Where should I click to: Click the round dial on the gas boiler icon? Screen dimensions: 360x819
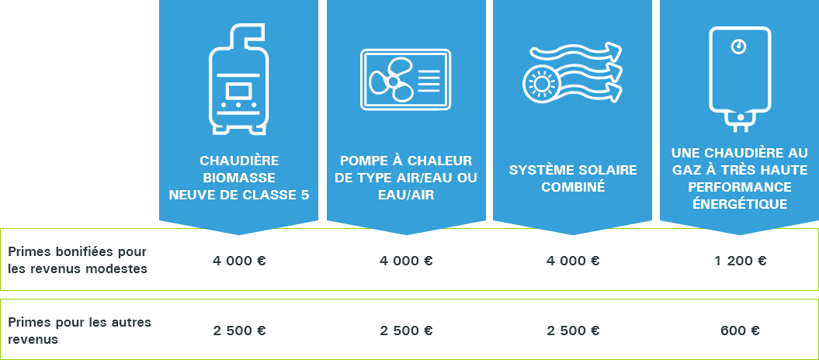pos(739,47)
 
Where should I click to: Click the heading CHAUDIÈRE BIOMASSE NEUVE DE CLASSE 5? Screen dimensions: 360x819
pos(238,178)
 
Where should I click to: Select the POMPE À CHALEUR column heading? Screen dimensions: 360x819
pos(405,178)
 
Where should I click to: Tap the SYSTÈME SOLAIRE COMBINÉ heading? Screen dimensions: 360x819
pos(573,178)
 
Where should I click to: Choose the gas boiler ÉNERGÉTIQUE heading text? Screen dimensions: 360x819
pos(740,204)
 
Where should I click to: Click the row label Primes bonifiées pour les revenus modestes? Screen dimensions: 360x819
pos(77,261)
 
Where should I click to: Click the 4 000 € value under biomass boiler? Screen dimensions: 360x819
pos(239,261)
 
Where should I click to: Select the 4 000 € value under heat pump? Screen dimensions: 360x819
pos(406,261)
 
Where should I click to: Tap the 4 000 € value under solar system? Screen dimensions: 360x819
pos(573,261)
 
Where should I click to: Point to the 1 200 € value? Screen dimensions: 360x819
pos(740,261)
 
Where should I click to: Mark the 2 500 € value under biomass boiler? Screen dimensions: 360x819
pos(239,331)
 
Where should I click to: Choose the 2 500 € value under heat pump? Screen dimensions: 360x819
pos(406,331)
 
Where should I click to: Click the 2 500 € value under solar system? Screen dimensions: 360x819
pos(573,331)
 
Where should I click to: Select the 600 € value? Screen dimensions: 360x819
pos(740,331)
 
